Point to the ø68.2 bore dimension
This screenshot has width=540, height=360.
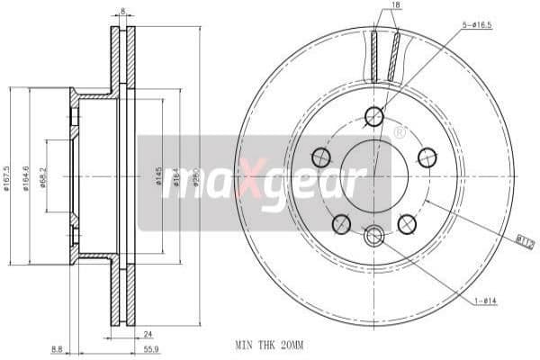(x=44, y=175)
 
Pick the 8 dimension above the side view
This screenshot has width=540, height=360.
(x=122, y=12)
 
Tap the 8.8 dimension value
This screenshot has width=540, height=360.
(x=56, y=349)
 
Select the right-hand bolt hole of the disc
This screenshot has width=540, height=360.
(x=427, y=158)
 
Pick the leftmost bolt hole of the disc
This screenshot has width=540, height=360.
(x=320, y=158)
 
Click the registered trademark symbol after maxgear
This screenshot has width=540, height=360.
(x=399, y=132)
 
